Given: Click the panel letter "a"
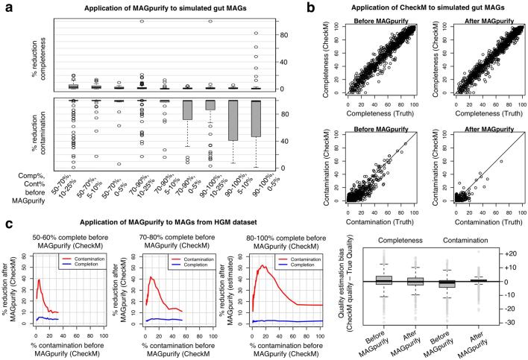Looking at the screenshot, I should pos(7,9).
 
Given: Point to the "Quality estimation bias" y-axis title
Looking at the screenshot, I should pos(351,272).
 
